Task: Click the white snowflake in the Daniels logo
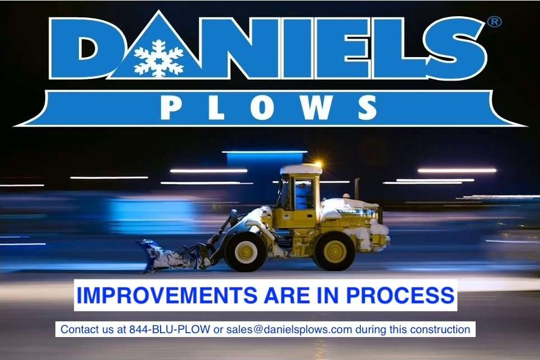[158, 58]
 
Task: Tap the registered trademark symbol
[495, 22]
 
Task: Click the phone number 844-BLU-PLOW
[170, 329]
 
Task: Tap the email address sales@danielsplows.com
[289, 329]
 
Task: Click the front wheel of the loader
[246, 251]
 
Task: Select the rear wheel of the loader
[334, 250]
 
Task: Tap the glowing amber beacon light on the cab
[318, 165]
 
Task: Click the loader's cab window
[303, 195]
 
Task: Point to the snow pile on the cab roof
[301, 169]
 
